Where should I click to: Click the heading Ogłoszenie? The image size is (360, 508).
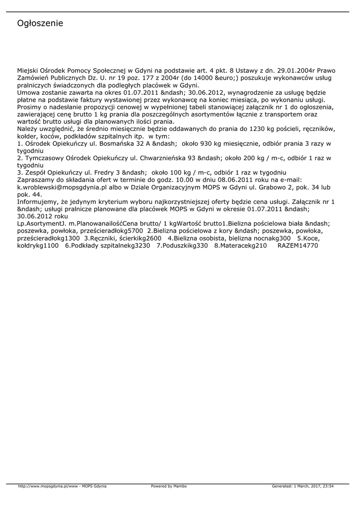point(40,24)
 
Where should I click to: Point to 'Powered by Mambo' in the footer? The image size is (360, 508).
point(169,486)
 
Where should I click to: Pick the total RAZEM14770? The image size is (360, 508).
point(297,245)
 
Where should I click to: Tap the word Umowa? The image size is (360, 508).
point(28,92)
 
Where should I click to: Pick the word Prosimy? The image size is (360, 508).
point(30,107)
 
